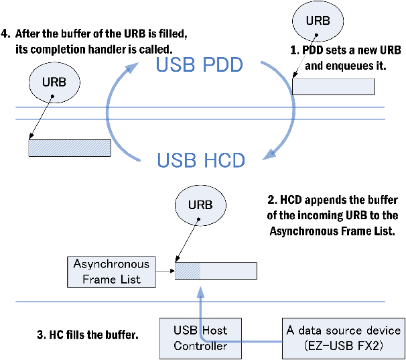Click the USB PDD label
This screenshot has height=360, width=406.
pyautogui.click(x=199, y=66)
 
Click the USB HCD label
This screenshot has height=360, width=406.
pyautogui.click(x=200, y=160)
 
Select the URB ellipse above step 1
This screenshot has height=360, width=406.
pyautogui.click(x=318, y=21)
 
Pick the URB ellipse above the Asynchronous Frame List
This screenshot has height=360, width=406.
pyautogui.click(x=199, y=204)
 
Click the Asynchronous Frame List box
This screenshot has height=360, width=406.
pyautogui.click(x=111, y=270)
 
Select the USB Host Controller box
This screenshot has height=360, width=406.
pyautogui.click(x=200, y=338)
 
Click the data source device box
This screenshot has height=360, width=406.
pyautogui.click(x=343, y=338)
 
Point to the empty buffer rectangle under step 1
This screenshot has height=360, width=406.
pyautogui.click(x=333, y=87)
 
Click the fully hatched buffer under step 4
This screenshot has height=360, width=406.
pyautogui.click(x=69, y=148)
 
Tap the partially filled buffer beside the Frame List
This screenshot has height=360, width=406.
pyautogui.click(x=215, y=269)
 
